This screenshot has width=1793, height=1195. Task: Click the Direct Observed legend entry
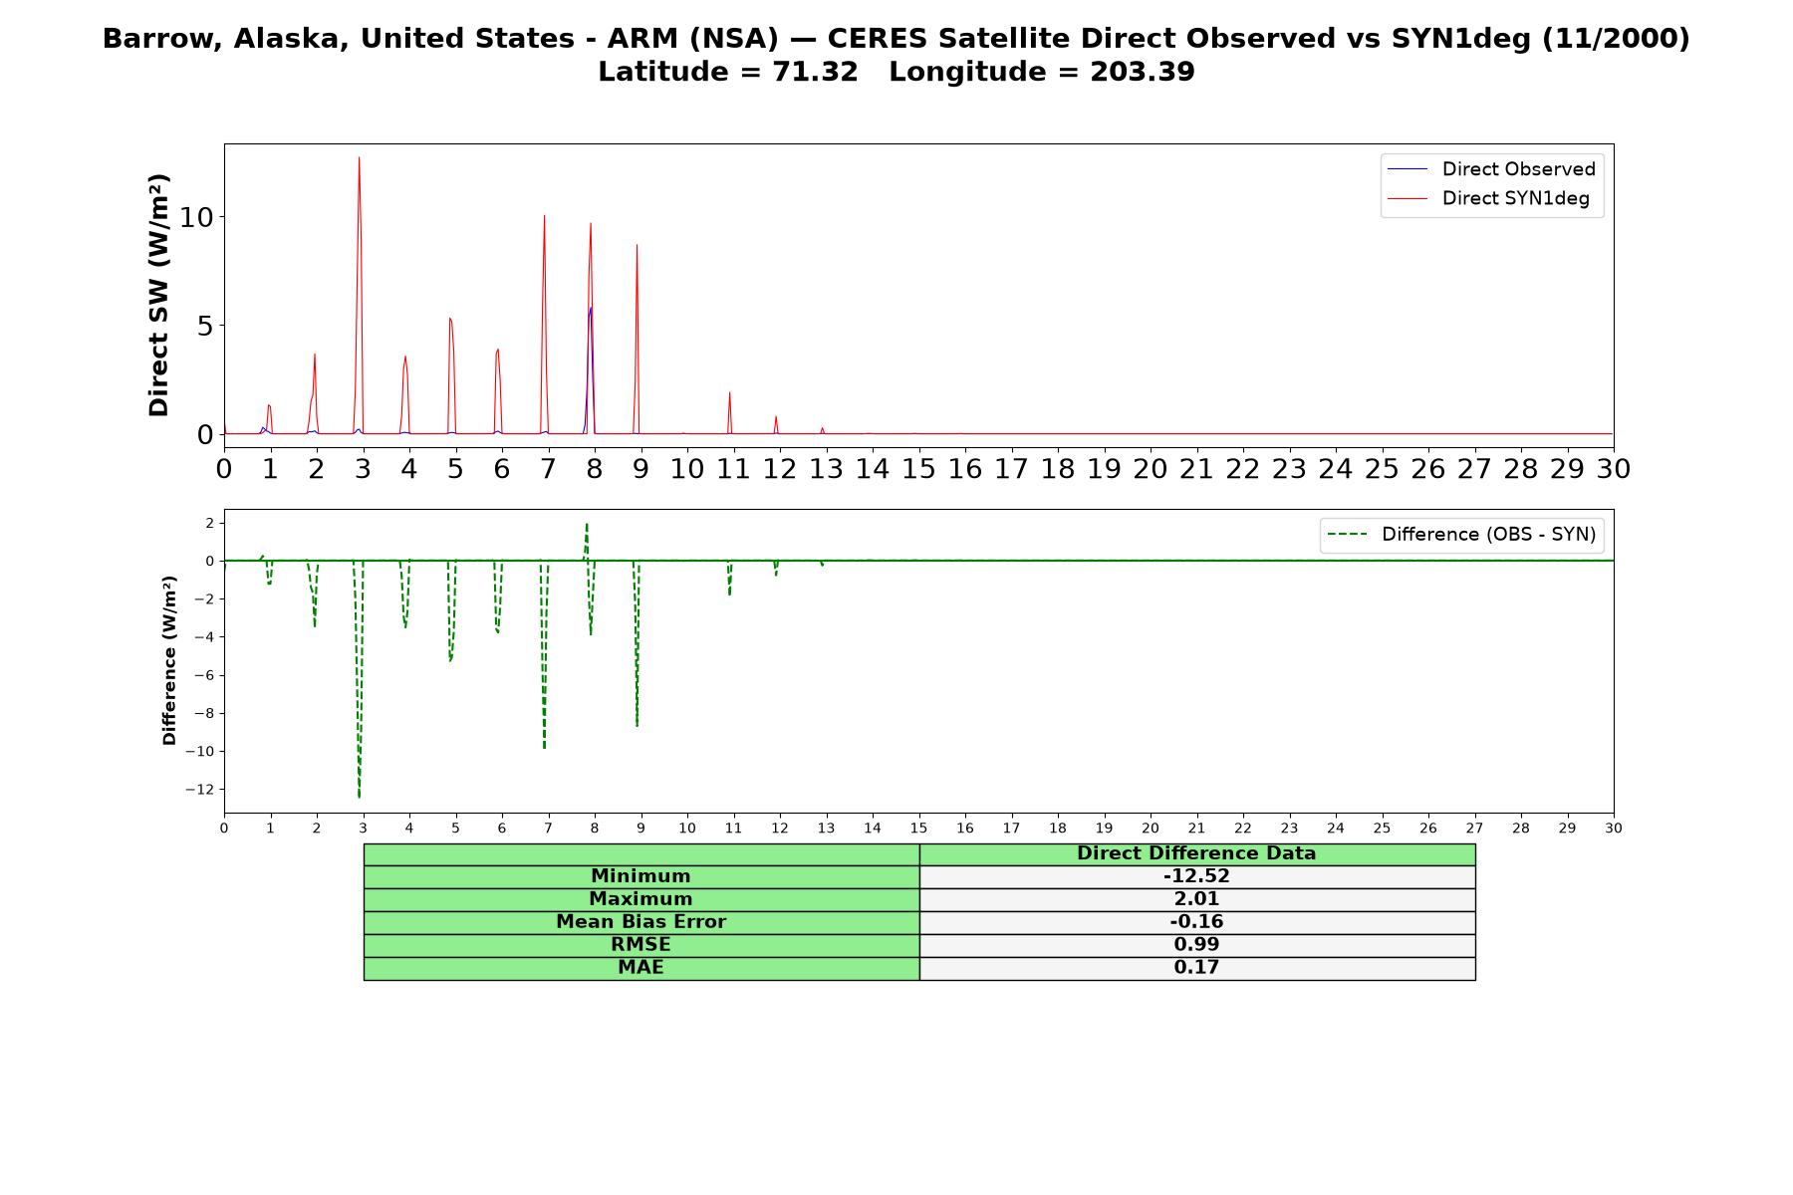(1491, 169)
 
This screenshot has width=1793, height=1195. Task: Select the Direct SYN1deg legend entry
(1488, 198)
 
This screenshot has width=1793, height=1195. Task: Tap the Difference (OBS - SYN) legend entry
(1461, 535)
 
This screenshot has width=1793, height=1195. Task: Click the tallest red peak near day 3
(359, 157)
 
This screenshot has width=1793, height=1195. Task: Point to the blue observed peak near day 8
(591, 308)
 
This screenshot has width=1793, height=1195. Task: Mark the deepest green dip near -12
(360, 797)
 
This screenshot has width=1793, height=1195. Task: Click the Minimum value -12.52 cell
(1196, 876)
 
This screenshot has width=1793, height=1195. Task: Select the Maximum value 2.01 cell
(1196, 899)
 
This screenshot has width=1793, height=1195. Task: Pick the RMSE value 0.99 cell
(1196, 945)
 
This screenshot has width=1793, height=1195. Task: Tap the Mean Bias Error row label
(640, 922)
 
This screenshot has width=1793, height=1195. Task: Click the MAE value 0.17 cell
(1196, 968)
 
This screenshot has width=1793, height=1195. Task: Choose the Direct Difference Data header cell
(1196, 853)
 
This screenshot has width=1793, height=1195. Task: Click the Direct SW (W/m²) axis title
(158, 296)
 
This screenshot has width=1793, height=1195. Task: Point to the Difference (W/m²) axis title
(169, 660)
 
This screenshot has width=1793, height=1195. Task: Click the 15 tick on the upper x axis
(918, 469)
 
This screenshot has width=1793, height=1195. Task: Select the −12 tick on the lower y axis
(200, 790)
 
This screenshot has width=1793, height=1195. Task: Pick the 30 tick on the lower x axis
(1614, 829)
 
